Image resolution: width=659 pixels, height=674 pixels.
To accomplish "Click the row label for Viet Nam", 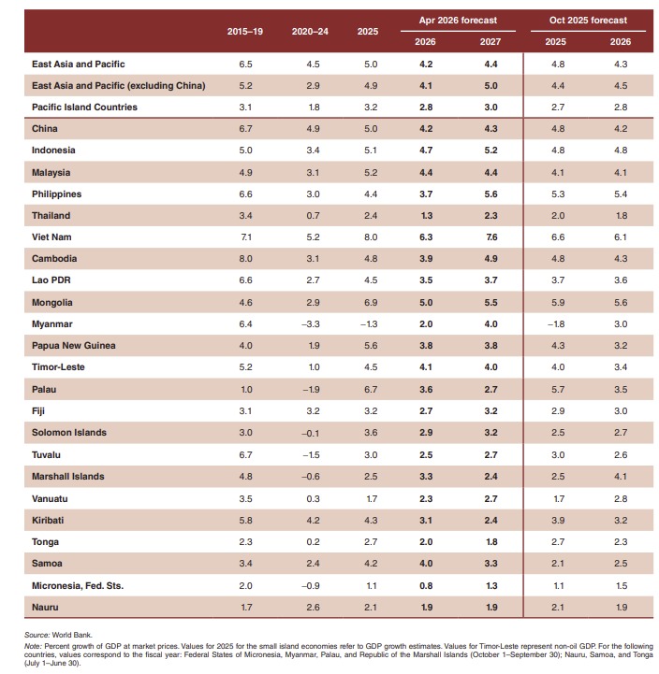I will coord(52,237).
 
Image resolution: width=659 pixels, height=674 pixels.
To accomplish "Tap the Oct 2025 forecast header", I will coord(588,20).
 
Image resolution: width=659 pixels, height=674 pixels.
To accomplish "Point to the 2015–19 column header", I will coord(245,31).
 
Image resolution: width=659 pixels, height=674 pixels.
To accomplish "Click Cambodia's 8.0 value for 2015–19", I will coord(246,259).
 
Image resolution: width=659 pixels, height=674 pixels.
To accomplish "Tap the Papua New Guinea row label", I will coord(73,346).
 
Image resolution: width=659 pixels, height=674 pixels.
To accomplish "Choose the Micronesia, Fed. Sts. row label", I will coord(78,585).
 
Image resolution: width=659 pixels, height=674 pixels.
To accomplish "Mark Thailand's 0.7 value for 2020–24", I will coord(313,216).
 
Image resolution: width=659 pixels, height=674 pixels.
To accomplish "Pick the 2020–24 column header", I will coord(309,31).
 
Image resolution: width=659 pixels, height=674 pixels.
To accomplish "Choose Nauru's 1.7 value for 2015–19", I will coord(246,608).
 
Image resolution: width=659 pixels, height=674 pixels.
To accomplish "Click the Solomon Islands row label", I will coord(69,433).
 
